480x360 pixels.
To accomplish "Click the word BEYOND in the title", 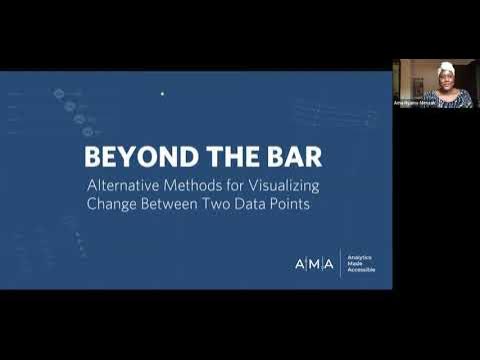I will [x=123, y=158].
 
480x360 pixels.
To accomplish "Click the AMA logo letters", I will [x=314, y=263].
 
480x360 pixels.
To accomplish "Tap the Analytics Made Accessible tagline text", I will [x=361, y=263].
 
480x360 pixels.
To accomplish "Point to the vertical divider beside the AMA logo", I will [x=339, y=263].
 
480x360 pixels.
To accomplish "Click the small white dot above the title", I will [x=162, y=94].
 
